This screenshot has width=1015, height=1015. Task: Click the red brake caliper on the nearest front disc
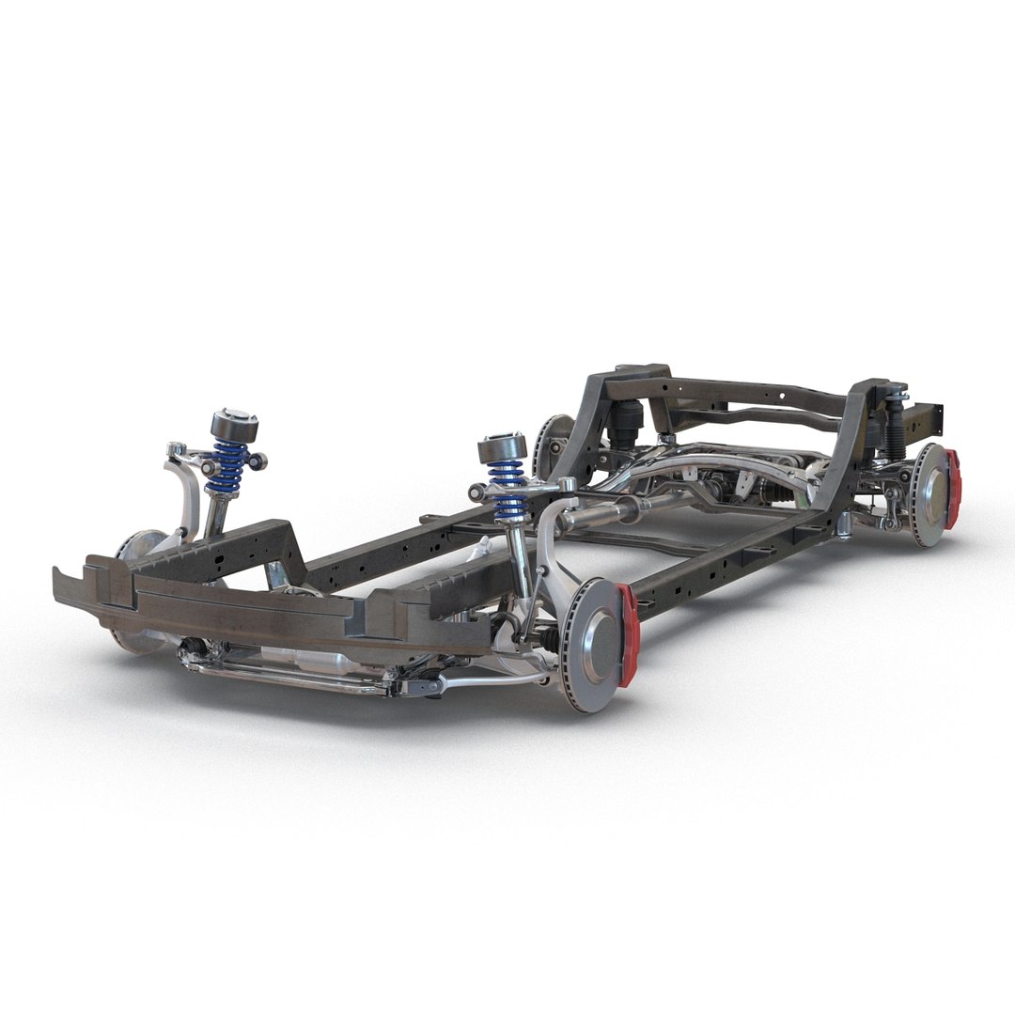tap(628, 632)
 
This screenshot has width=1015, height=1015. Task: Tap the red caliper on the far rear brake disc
tap(953, 489)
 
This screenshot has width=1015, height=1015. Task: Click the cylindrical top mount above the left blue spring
tap(233, 425)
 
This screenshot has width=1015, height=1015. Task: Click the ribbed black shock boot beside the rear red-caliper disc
tap(895, 432)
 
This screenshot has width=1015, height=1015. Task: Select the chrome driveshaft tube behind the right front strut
tap(601, 512)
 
